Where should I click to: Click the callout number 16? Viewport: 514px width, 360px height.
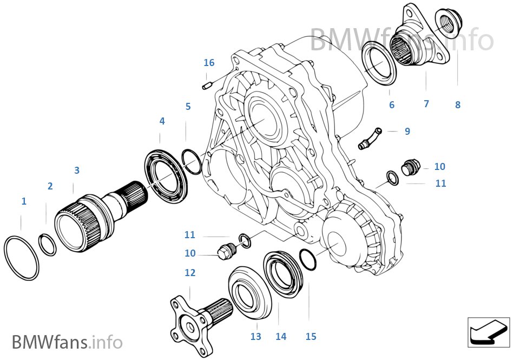pos(209,63)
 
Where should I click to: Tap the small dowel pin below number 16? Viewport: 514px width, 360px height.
pos(206,84)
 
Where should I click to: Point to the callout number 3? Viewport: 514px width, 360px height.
pos(77,170)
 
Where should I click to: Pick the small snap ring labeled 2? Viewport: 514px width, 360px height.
pos(48,244)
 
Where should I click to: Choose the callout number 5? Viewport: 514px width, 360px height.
pos(188,106)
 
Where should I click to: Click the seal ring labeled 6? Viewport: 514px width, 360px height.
pos(379,65)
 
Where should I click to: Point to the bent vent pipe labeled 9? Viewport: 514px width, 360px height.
pos(369,138)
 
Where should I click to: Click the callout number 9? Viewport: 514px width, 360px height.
pos(407,131)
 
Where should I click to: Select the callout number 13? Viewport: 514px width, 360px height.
pos(255,336)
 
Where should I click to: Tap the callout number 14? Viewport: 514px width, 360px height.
pos(281,336)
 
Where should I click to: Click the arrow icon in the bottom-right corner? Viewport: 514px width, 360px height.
pos(488,331)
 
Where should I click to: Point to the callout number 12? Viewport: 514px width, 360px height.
pos(190,272)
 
